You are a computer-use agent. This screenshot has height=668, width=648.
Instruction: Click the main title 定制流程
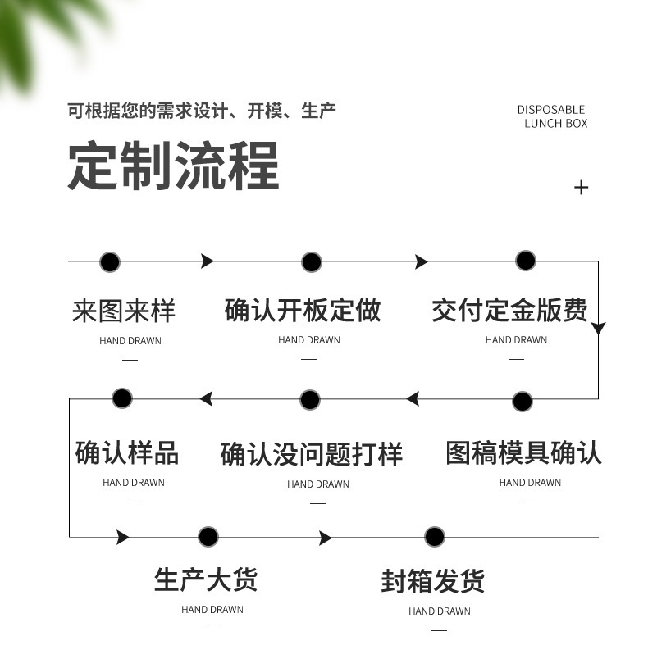point(173,166)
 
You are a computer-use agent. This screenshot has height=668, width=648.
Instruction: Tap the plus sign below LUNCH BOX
point(582,188)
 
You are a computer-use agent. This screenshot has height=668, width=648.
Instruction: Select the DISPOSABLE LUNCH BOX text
point(553,116)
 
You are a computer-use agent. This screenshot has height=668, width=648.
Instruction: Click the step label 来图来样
point(124,311)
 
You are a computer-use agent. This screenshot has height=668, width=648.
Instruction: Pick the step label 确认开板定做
point(303,311)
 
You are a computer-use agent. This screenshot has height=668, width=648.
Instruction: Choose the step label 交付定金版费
point(509,311)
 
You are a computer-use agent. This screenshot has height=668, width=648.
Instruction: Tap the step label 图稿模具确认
point(523,452)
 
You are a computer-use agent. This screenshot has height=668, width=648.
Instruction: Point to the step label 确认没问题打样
point(312,454)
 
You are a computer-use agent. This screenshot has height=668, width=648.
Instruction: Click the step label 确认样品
point(127,452)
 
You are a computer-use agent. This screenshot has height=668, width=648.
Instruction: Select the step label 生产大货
point(206,579)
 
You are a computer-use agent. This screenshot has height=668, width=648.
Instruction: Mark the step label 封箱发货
point(433,581)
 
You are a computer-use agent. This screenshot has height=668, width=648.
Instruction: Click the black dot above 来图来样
point(110,262)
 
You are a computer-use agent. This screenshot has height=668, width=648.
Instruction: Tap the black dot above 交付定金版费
point(526,261)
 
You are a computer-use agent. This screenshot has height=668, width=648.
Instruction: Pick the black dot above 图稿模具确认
point(523,402)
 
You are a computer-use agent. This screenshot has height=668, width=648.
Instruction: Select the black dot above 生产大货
point(208,537)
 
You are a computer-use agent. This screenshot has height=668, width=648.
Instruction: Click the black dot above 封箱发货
point(435,537)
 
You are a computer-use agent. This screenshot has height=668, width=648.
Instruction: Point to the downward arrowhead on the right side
point(598,329)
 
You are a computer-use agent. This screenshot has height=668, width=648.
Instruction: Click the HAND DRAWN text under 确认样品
point(134,483)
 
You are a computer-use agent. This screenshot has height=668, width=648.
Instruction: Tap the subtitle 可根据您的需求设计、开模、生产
point(202,111)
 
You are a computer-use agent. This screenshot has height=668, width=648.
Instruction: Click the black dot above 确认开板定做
point(312,262)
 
